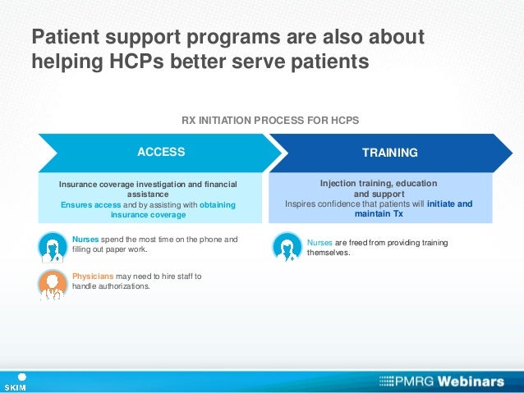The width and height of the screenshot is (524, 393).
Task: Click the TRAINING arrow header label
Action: click(390, 153)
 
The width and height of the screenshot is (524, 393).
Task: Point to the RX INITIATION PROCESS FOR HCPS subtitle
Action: click(270, 121)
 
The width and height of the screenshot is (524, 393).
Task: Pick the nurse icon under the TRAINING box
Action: click(287, 246)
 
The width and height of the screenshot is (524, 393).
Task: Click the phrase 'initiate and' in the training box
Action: click(448, 203)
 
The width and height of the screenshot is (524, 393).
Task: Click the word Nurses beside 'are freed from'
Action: click(320, 243)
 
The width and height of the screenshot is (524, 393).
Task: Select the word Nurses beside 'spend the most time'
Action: click(85, 240)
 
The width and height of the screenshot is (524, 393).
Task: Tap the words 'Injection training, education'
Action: click(379, 183)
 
